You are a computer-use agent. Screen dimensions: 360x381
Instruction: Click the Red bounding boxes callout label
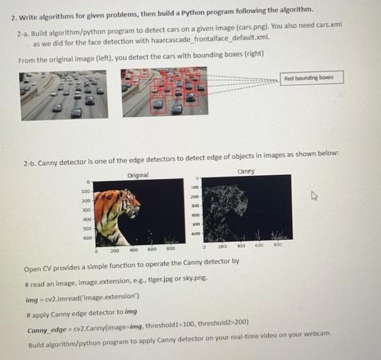(x=312, y=77)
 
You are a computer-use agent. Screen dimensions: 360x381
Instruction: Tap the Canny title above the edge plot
(x=245, y=172)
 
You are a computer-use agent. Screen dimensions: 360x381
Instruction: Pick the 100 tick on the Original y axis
(x=87, y=192)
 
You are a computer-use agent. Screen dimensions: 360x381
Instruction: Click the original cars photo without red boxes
(x=64, y=95)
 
